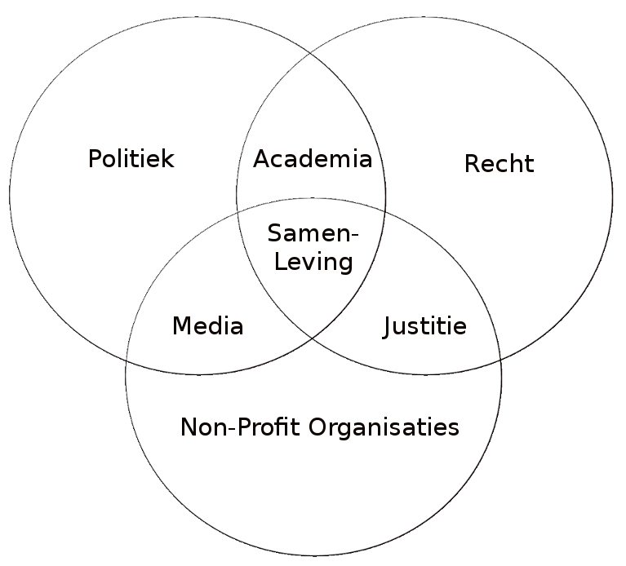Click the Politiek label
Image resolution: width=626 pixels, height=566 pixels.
point(131,159)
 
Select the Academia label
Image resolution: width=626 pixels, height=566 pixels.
point(313,159)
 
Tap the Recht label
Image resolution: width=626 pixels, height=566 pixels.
point(499,164)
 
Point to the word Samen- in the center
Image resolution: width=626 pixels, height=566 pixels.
point(313,234)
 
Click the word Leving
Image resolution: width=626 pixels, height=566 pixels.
point(313,262)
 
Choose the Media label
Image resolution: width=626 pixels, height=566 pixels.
point(208,327)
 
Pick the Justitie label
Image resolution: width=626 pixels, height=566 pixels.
point(425,327)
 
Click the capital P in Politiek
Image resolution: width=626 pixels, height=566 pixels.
point(95,159)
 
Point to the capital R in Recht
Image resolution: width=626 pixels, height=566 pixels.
point(472,164)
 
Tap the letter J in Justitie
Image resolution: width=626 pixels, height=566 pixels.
point(388,327)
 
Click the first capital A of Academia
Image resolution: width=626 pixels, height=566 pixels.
point(262,159)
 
